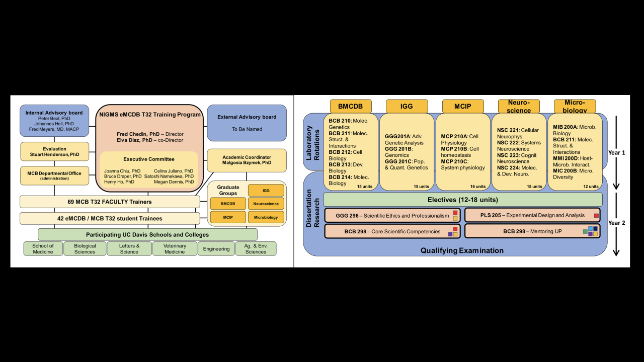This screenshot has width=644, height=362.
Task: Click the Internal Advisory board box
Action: pyautogui.click(x=54, y=121)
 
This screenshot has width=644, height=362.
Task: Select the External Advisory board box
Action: pyautogui.click(x=247, y=123)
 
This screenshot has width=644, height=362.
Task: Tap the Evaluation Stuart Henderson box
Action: pyautogui.click(x=54, y=151)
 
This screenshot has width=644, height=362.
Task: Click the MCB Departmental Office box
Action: pyautogui.click(x=54, y=175)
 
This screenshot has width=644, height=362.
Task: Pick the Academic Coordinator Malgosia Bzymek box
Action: pyautogui.click(x=247, y=160)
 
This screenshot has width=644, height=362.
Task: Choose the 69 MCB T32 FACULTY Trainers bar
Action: pyautogui.click(x=110, y=202)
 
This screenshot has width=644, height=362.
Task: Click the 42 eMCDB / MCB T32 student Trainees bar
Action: pyautogui.click(x=110, y=219)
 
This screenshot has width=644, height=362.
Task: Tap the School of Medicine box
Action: pyautogui.click(x=43, y=249)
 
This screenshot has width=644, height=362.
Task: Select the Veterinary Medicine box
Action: pyautogui.click(x=175, y=249)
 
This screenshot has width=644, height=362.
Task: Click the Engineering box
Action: pyautogui.click(x=216, y=249)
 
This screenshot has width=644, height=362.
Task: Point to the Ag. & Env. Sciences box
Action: pyautogui.click(x=256, y=249)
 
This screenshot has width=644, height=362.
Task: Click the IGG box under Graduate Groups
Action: pyautogui.click(x=266, y=191)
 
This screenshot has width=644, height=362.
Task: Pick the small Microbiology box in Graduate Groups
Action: pyautogui.click(x=266, y=217)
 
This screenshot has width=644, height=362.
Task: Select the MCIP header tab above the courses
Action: pyautogui.click(x=463, y=106)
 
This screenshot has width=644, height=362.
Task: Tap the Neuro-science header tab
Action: pyautogui.click(x=519, y=107)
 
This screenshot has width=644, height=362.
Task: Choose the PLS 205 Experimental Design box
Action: pyautogui.click(x=532, y=215)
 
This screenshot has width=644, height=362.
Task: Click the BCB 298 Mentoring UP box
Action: pyautogui.click(x=532, y=231)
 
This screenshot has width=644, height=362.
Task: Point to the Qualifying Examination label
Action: pyautogui.click(x=462, y=250)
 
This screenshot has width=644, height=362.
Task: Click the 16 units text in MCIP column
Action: pyautogui.click(x=477, y=187)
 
